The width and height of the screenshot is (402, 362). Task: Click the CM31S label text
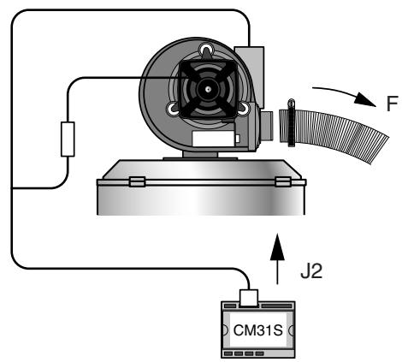(x=257, y=330)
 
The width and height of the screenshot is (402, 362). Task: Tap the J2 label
(x=311, y=271)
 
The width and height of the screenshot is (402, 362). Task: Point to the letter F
(x=392, y=104)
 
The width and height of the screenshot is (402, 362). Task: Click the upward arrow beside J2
(x=277, y=258)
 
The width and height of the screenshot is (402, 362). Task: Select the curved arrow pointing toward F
(x=344, y=92)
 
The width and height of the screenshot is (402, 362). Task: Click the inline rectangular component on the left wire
(x=68, y=139)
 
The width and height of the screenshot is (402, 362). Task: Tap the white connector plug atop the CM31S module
(x=249, y=298)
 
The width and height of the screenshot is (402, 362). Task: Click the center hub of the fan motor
(x=209, y=90)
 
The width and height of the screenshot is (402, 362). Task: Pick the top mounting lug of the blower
(x=206, y=50)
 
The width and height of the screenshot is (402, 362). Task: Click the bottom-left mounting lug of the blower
(x=173, y=109)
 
